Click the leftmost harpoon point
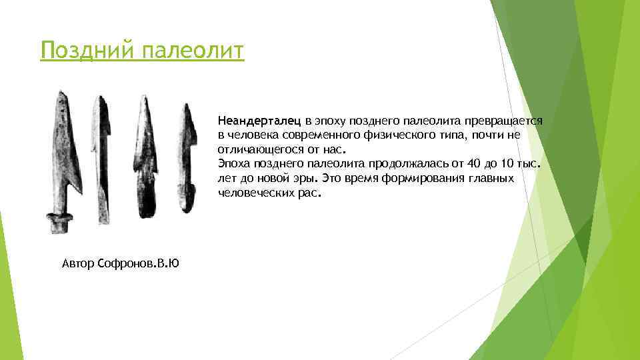[x=66, y=153]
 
